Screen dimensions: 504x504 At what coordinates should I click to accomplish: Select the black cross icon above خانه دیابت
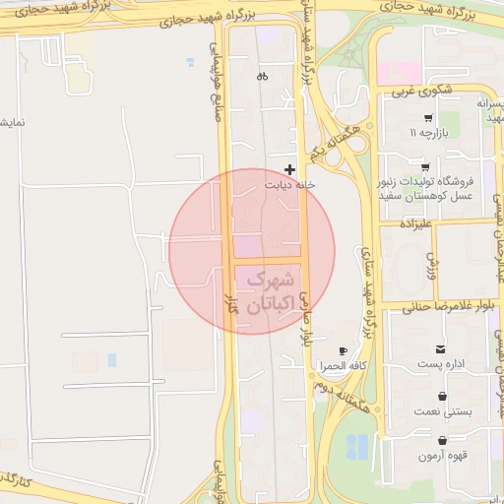point(289,169)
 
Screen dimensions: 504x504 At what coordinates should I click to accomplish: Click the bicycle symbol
point(262,76)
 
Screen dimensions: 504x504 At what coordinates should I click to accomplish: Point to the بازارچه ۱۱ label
point(435,132)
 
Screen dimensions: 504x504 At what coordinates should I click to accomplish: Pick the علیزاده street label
point(418,225)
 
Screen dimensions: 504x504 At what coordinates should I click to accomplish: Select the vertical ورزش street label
point(430,263)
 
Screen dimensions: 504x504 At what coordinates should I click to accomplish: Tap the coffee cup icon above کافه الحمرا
point(343,351)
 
